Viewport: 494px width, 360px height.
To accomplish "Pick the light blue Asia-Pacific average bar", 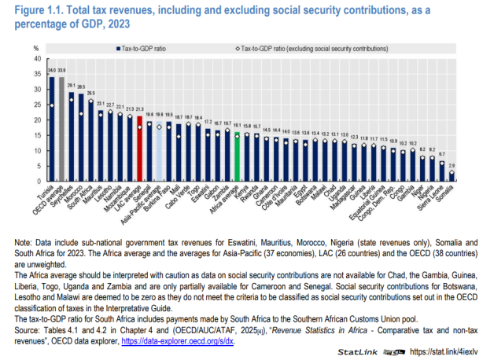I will [x=160, y=153].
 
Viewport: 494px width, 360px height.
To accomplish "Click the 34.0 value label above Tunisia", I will [x=53, y=71].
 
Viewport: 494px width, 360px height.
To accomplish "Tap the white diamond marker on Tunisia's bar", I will [x=53, y=105].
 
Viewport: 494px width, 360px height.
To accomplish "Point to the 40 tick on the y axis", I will [x=35, y=58].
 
